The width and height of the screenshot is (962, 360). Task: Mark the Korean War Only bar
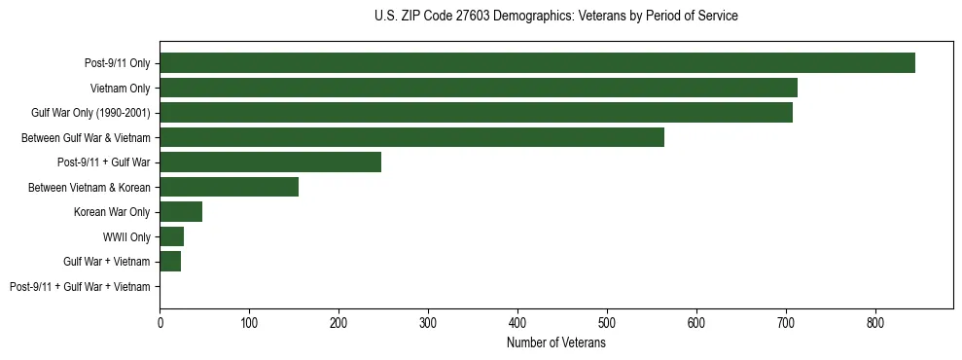pyautogui.click(x=181, y=212)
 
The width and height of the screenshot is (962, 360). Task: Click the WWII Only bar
pyautogui.click(x=171, y=236)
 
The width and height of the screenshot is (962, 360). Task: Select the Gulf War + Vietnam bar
pyautogui.click(x=170, y=262)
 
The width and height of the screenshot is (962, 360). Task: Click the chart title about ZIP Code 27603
pyautogui.click(x=555, y=17)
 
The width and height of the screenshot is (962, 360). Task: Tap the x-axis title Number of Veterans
pyautogui.click(x=555, y=343)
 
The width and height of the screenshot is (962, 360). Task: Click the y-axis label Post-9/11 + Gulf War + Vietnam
pyautogui.click(x=80, y=287)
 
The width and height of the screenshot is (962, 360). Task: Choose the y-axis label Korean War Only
pyautogui.click(x=112, y=212)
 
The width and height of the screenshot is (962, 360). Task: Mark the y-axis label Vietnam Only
pyautogui.click(x=120, y=89)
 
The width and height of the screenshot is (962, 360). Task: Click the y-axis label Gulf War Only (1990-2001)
pyautogui.click(x=90, y=113)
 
